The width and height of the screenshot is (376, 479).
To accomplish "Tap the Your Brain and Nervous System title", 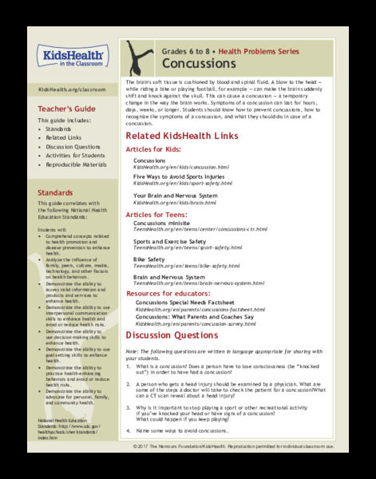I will [x=175, y=196].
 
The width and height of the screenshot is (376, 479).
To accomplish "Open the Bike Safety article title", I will [x=150, y=259].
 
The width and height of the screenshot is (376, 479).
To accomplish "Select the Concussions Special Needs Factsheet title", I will [x=191, y=303].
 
